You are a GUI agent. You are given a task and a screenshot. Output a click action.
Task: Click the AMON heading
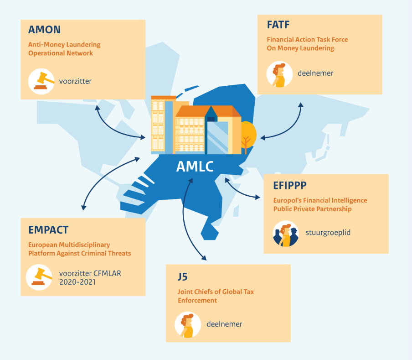[x=44, y=30]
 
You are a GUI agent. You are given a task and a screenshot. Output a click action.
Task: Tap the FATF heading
[x=278, y=25]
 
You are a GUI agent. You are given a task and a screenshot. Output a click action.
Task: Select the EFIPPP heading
[x=290, y=185]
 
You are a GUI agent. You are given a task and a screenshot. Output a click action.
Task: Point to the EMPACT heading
[x=48, y=230]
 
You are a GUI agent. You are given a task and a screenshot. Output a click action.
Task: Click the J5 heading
[x=183, y=277]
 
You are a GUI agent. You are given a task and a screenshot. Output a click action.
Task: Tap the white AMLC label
[x=195, y=167]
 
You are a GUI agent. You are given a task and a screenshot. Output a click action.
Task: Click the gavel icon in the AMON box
[x=41, y=82]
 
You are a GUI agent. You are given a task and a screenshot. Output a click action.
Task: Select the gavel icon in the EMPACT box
[x=39, y=277]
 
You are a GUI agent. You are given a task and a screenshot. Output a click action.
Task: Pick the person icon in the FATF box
[x=279, y=74]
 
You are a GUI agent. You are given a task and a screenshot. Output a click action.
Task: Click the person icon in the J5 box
[x=188, y=325]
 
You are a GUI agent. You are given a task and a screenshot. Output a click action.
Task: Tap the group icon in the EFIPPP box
[x=286, y=234]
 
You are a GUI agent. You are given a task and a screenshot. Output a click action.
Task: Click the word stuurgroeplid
[x=328, y=232]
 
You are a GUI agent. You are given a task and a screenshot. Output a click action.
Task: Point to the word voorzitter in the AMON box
[x=75, y=81]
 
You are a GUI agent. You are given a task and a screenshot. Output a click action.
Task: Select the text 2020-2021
[x=77, y=282]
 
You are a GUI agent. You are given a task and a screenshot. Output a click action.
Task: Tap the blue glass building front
[x=217, y=137]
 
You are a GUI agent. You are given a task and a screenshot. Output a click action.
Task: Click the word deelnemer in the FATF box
[x=315, y=73]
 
